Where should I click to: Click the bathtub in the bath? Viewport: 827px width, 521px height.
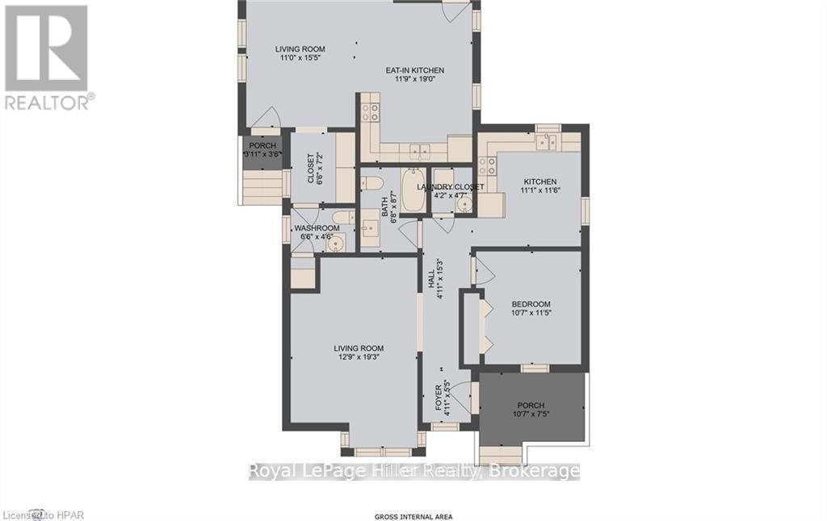pyautogui.click(x=412, y=190)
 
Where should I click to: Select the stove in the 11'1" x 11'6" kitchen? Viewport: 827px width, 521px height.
pyautogui.click(x=488, y=166)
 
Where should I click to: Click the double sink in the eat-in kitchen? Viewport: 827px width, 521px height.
pyautogui.click(x=418, y=151)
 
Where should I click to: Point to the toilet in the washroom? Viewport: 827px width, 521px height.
pyautogui.click(x=342, y=217)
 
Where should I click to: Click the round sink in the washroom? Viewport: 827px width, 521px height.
pyautogui.click(x=336, y=243)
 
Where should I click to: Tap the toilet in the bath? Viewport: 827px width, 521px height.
pyautogui.click(x=372, y=181)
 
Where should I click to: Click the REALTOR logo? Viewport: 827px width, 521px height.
pyautogui.click(x=48, y=57)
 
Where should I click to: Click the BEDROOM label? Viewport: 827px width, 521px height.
pyautogui.click(x=531, y=304)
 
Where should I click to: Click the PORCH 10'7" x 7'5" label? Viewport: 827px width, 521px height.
pyautogui.click(x=531, y=410)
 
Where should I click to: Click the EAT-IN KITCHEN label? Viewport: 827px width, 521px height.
pyautogui.click(x=413, y=71)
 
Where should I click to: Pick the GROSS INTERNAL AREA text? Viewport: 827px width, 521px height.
pyautogui.click(x=413, y=516)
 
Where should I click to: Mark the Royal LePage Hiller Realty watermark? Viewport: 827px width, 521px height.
pyautogui.click(x=413, y=471)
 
